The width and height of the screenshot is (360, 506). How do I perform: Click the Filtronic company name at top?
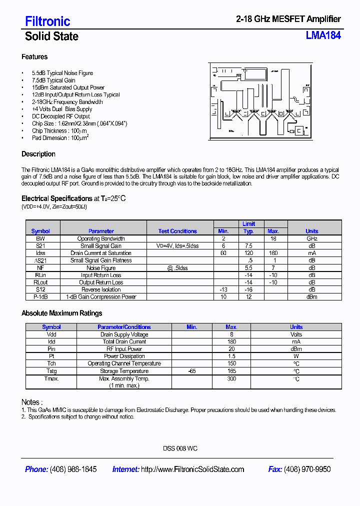point(47,21)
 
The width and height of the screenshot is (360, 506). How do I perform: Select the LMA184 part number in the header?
point(323,35)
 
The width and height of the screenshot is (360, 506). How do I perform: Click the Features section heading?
point(34,57)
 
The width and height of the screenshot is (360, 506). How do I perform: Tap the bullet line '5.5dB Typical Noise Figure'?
point(62,73)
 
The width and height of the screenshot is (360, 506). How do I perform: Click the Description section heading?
point(38,154)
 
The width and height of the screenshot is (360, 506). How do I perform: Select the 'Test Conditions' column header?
point(177,231)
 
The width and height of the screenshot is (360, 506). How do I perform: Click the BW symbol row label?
point(40,238)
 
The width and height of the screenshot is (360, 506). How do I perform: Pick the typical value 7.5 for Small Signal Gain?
point(248,246)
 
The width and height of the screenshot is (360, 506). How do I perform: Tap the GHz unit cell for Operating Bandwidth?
point(311,238)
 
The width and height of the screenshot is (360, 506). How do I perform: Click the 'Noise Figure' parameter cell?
point(101,268)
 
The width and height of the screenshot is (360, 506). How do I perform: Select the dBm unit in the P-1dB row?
point(311,297)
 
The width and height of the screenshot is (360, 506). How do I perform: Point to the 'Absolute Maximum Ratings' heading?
point(61,313)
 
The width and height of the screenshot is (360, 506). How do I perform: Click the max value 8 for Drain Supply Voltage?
point(231,334)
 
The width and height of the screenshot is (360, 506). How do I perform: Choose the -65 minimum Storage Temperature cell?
point(192,371)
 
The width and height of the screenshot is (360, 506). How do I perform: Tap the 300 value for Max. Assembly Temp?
point(231,379)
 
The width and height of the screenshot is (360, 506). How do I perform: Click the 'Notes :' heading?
point(32,402)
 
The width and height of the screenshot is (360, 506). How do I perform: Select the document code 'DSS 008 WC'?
point(180,448)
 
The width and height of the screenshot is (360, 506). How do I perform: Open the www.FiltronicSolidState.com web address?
point(192,469)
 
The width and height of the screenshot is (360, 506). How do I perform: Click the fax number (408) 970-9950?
point(307,469)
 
